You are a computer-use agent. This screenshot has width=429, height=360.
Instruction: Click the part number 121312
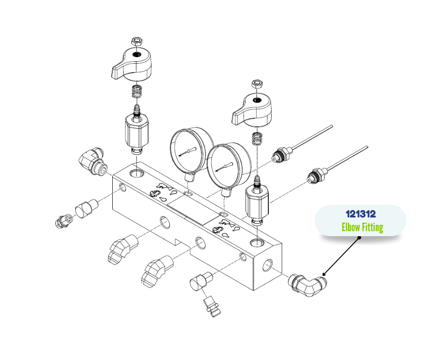coord(361,214)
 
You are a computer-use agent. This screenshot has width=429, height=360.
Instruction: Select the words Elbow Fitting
coord(362,228)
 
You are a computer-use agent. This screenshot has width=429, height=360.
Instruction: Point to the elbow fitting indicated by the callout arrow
coord(308,286)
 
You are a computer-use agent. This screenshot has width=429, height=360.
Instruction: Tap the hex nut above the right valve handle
coord(256,84)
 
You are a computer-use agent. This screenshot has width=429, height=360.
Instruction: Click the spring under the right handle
coord(256,138)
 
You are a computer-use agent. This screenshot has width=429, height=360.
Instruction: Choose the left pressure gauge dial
coord(189,149)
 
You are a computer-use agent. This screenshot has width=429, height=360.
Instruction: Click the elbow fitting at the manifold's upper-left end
coord(93,161)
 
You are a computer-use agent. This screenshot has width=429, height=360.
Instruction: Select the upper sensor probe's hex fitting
coord(282,155)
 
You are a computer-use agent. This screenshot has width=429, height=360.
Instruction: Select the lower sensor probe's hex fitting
coord(317,175)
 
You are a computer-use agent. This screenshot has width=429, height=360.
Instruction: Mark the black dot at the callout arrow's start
coord(360,238)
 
